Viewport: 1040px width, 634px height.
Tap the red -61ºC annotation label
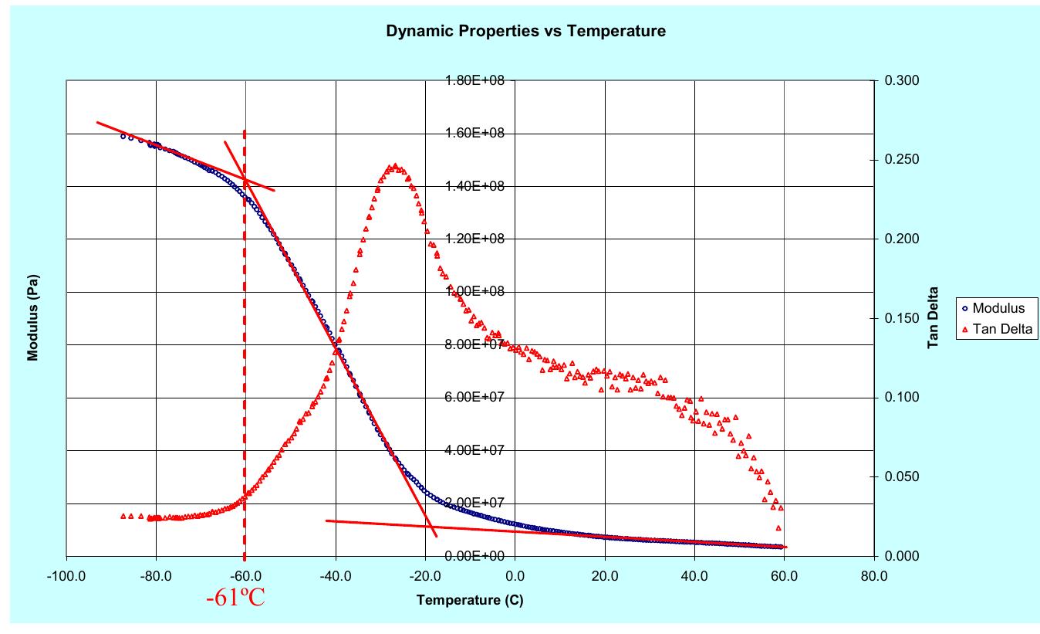click(235, 598)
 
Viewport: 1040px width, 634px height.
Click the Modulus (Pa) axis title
click(33, 317)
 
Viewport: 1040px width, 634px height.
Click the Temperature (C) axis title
click(470, 600)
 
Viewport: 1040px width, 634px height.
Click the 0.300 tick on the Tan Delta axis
click(898, 80)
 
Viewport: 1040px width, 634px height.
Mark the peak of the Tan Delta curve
click(395, 166)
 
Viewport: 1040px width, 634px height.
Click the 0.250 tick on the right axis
click(898, 160)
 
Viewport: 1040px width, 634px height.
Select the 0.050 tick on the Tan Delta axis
click(898, 476)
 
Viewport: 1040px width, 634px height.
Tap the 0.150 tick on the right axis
click(898, 318)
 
